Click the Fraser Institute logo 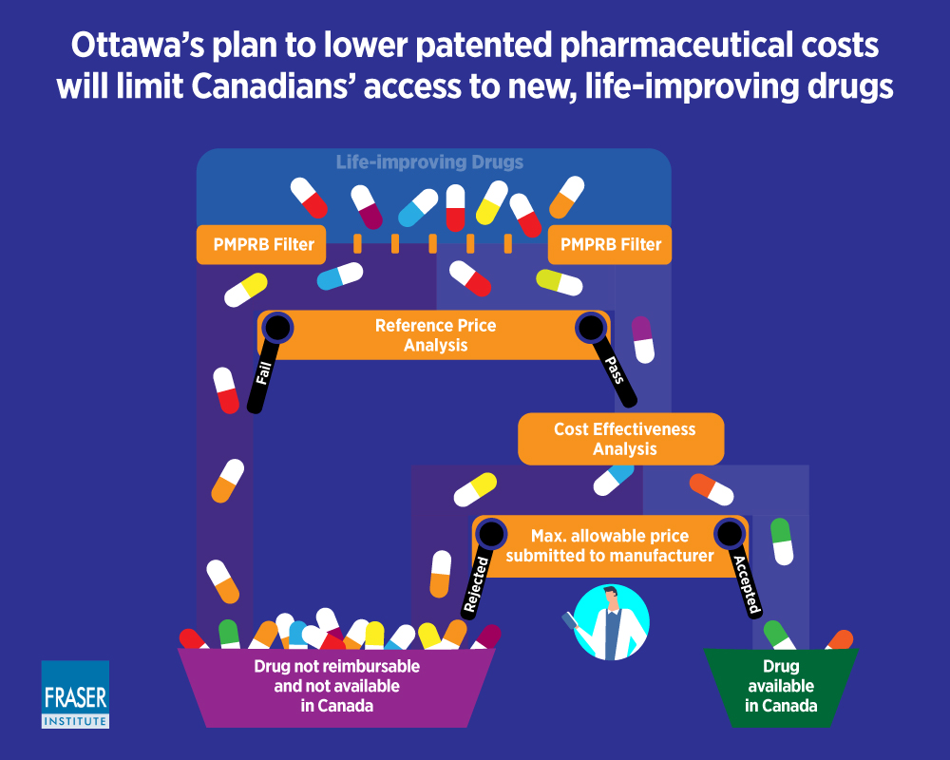(75, 693)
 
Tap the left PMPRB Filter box (261, 244)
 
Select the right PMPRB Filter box (610, 244)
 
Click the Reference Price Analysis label (436, 335)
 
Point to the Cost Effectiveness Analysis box (621, 439)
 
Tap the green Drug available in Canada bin (780, 687)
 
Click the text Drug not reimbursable (337, 666)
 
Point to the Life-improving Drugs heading (429, 161)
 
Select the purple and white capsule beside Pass (642, 340)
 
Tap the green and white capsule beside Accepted (782, 541)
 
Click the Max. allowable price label (610, 536)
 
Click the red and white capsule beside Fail (226, 390)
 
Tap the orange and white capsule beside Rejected (441, 574)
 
